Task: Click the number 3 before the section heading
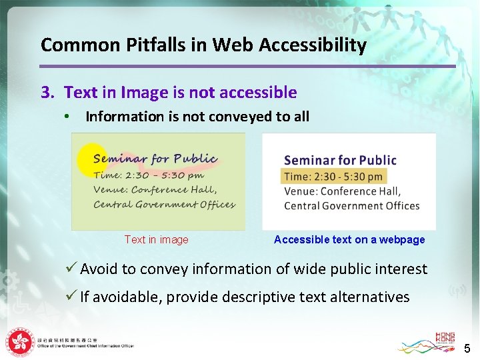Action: (x=45, y=93)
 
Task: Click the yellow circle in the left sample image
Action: (x=91, y=160)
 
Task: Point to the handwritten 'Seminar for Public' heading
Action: (x=155, y=159)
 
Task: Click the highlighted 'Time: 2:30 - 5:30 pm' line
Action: (x=333, y=176)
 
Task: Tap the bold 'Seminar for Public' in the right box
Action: (x=340, y=160)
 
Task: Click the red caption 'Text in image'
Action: (x=156, y=240)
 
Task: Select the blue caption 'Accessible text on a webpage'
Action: (x=349, y=240)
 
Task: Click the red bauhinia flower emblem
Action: (x=20, y=342)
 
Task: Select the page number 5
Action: (x=467, y=348)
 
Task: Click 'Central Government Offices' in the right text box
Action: (x=351, y=206)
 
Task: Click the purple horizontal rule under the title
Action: (x=247, y=66)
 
